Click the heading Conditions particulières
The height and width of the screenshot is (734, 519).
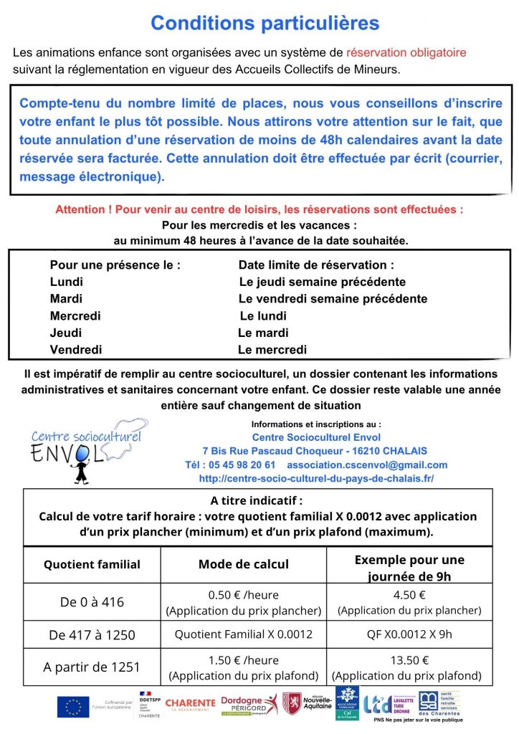point(265,23)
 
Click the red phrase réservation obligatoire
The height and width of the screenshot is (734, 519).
point(406,52)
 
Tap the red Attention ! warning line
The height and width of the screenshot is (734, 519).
point(259,209)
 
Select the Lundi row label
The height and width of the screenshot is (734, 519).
point(67,282)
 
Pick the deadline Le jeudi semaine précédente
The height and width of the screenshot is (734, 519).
point(322,282)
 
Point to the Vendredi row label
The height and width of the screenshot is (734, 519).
point(76,350)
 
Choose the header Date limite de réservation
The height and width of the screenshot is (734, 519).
point(316,265)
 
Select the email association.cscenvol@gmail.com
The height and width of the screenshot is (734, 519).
point(366,464)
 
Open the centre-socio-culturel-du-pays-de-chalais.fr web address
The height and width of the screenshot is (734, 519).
point(316,478)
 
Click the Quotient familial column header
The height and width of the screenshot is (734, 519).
point(92,565)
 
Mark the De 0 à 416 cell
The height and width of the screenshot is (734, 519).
point(92,602)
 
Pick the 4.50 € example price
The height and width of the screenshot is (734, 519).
point(409,595)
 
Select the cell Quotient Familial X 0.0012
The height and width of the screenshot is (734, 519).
point(244,634)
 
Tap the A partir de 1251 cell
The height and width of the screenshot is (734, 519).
point(92,667)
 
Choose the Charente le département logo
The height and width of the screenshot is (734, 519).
point(190,705)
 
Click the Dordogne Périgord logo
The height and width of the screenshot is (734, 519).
point(248,705)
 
